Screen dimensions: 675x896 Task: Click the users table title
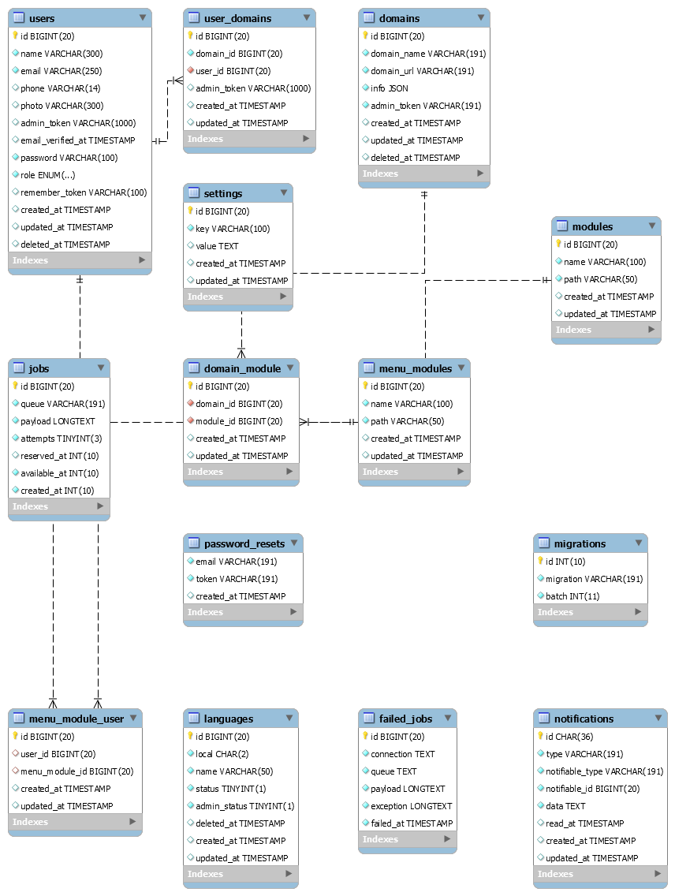(x=42, y=18)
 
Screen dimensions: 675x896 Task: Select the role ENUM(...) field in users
(x=48, y=175)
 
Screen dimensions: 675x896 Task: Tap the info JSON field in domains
(x=390, y=88)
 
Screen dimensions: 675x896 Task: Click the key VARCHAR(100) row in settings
(x=233, y=229)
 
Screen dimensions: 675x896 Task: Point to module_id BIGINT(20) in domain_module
(x=239, y=421)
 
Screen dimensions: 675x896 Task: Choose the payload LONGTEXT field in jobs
(x=58, y=421)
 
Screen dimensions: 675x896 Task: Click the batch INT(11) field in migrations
(x=572, y=596)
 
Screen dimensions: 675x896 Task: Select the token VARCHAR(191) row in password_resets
(x=237, y=579)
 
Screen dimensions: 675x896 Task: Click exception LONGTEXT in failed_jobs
(x=412, y=806)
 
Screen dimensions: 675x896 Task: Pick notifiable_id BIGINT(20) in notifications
(x=593, y=789)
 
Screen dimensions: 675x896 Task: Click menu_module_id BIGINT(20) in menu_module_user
(x=77, y=771)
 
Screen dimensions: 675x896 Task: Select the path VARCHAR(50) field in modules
(x=601, y=279)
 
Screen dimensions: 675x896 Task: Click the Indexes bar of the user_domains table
(x=249, y=139)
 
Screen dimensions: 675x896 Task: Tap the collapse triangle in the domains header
(x=481, y=17)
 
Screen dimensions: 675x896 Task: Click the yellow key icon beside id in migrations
(x=540, y=561)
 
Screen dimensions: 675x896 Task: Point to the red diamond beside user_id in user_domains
(x=191, y=70)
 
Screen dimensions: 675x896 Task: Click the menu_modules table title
(x=415, y=368)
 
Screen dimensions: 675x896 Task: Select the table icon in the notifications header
(x=543, y=718)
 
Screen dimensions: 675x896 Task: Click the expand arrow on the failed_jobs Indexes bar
(x=447, y=839)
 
